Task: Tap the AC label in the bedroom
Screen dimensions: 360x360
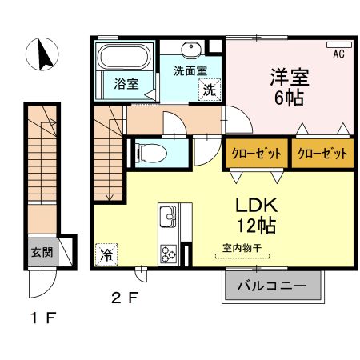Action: (x=338, y=54)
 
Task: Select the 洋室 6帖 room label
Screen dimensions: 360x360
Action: (x=289, y=89)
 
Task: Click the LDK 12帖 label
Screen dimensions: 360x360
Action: (x=255, y=214)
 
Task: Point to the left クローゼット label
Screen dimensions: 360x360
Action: (x=255, y=154)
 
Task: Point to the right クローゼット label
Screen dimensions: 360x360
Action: (x=322, y=154)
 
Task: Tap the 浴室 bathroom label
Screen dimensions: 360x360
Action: (x=125, y=83)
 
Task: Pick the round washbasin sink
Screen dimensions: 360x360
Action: (x=192, y=50)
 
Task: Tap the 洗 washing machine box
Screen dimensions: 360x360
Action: (x=208, y=89)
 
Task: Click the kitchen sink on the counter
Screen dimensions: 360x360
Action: (x=169, y=216)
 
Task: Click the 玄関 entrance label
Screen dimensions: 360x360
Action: (x=42, y=252)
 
